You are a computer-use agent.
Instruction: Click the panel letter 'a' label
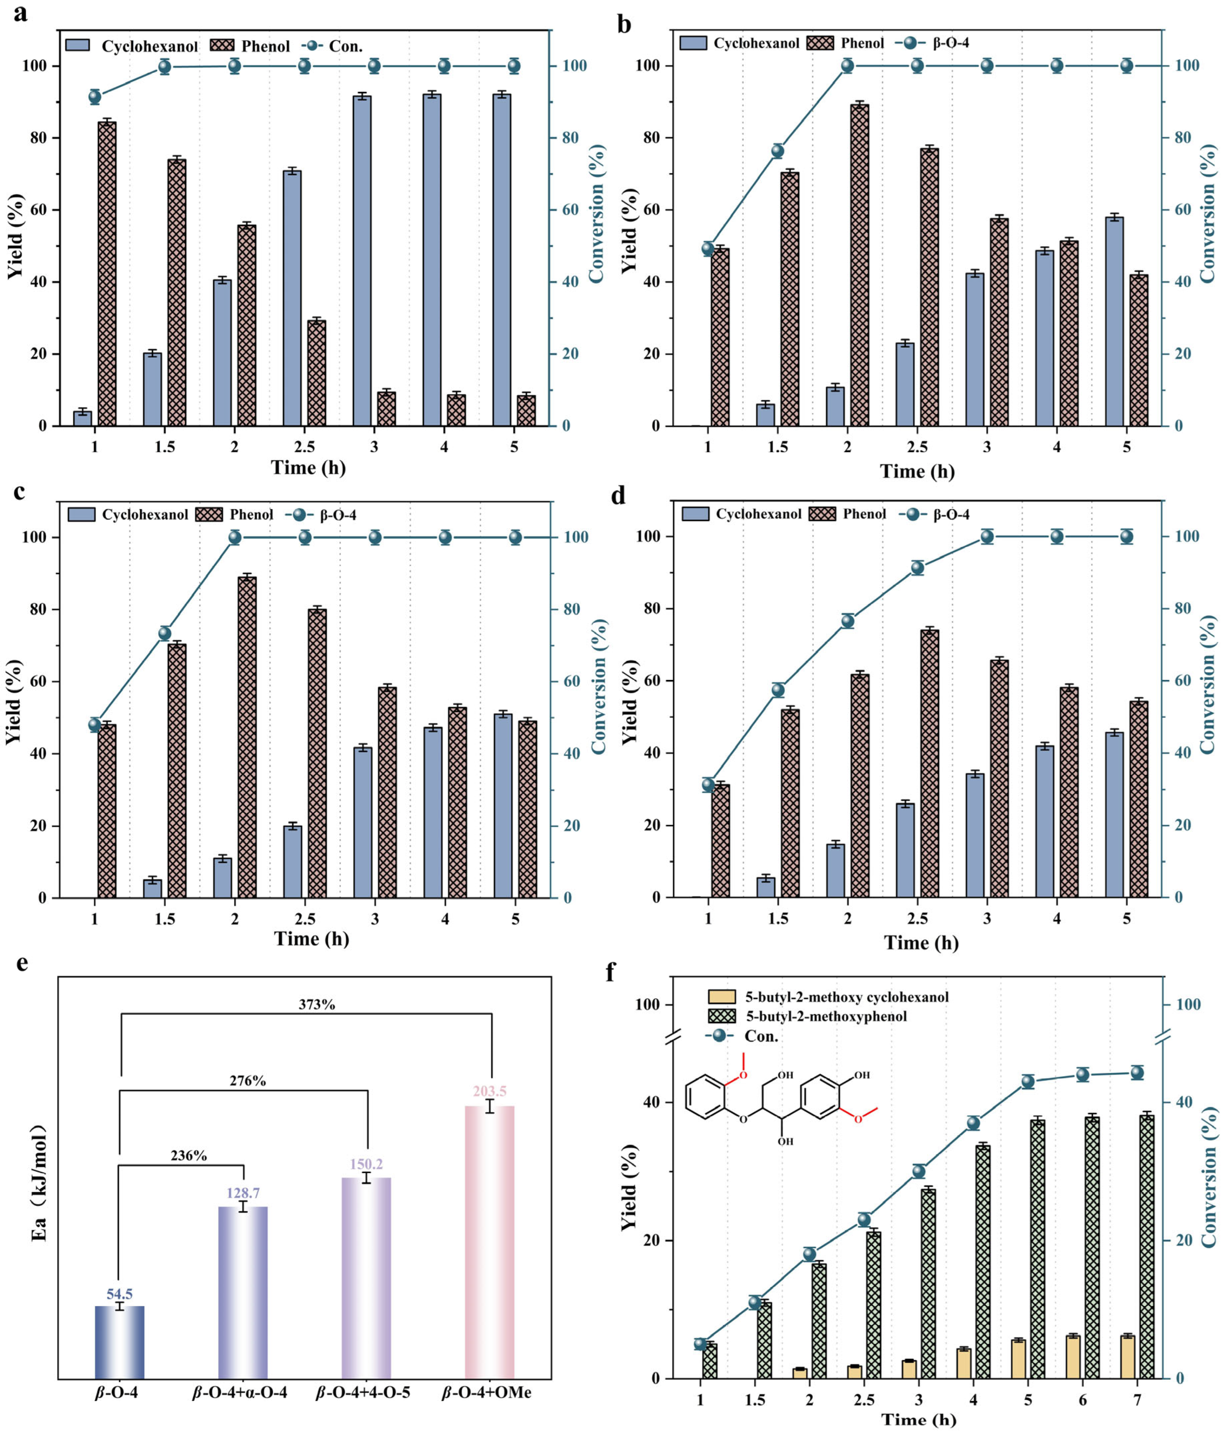click(21, 13)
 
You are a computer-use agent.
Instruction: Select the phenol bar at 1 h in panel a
click(107, 273)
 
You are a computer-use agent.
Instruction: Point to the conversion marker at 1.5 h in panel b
click(777, 151)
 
